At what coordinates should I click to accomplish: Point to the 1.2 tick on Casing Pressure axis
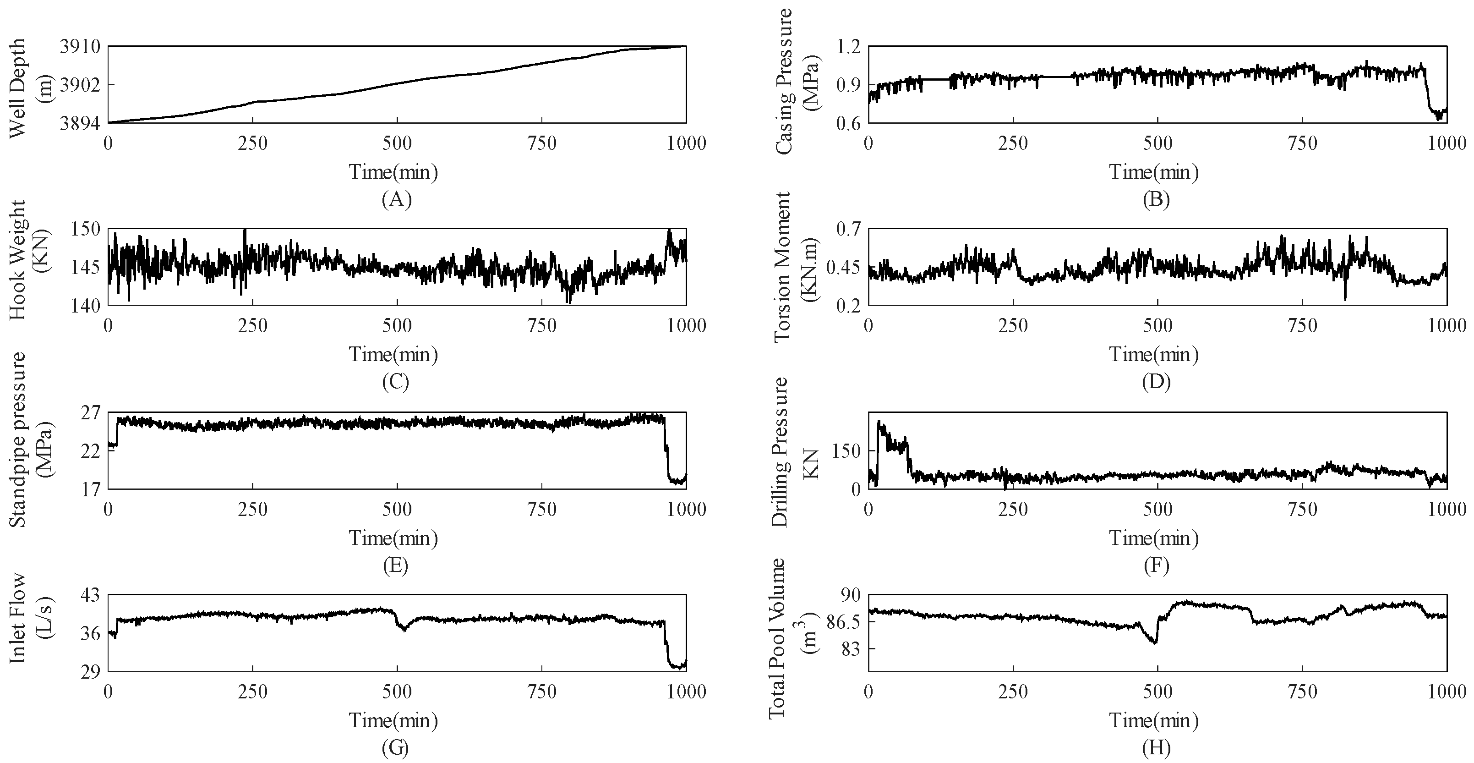click(x=847, y=46)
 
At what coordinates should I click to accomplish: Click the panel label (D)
click(x=1156, y=382)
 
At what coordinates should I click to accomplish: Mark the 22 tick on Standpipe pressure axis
click(x=89, y=451)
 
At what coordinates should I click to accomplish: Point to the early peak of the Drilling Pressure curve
click(x=880, y=425)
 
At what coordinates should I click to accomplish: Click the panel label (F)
click(x=1156, y=565)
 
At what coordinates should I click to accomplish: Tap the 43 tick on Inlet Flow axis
click(x=89, y=595)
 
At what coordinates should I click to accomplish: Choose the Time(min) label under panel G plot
click(x=393, y=720)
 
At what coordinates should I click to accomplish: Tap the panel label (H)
click(x=1156, y=748)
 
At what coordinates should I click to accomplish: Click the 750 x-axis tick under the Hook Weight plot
click(x=541, y=326)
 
